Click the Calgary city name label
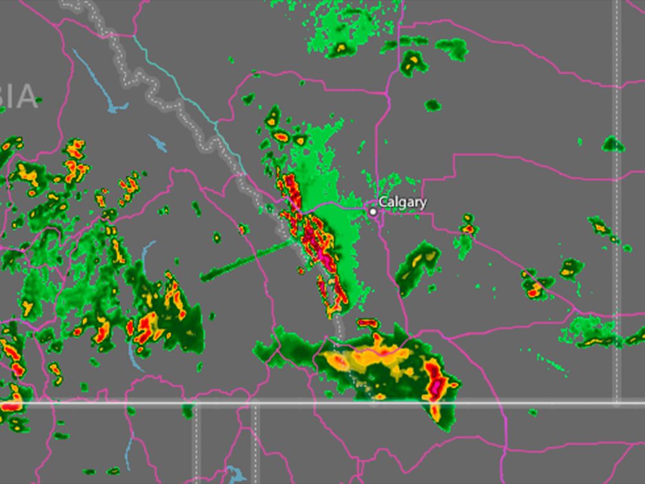[x=402, y=202]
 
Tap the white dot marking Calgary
[x=373, y=211]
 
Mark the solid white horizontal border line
[x=322, y=405]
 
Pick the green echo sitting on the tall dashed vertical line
[x=612, y=144]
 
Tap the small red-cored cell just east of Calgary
[x=468, y=228]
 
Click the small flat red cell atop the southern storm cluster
[x=367, y=322]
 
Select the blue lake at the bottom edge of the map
[x=235, y=476]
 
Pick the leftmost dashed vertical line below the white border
[x=197, y=445]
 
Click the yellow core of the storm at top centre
[x=340, y=47]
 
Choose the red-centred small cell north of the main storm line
[x=282, y=137]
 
